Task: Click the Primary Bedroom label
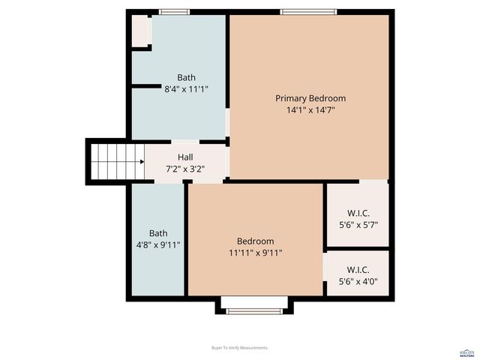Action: click(310, 98)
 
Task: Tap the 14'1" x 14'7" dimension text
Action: click(310, 110)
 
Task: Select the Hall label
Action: click(185, 157)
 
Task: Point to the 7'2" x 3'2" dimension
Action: click(185, 169)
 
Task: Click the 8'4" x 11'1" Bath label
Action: click(186, 77)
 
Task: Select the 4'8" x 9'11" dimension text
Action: click(158, 244)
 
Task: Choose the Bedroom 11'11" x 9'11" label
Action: click(255, 241)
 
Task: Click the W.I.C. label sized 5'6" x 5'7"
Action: click(358, 214)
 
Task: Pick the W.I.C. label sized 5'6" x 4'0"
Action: click(358, 270)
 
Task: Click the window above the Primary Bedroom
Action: click(309, 12)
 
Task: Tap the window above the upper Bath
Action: click(174, 12)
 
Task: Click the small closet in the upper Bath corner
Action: click(141, 31)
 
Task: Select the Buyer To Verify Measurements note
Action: click(240, 348)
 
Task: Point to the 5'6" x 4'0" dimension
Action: click(358, 282)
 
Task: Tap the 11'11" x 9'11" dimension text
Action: click(255, 253)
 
